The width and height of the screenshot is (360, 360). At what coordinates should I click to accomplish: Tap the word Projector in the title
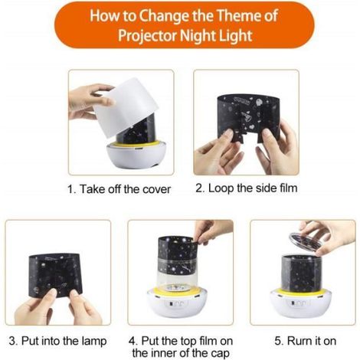[x=147, y=36]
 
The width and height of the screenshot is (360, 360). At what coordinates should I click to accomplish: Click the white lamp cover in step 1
[x=126, y=107]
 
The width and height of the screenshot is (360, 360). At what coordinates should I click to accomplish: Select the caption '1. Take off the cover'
[x=119, y=189]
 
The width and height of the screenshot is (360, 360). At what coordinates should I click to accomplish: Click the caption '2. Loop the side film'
[x=247, y=188]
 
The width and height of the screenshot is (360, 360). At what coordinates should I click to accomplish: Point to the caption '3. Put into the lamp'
[x=57, y=341]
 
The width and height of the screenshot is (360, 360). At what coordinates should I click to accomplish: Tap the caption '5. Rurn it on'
[x=306, y=341]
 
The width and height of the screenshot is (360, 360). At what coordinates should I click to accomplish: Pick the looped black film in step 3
[x=56, y=274]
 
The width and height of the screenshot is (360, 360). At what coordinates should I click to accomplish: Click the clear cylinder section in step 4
[x=177, y=277]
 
